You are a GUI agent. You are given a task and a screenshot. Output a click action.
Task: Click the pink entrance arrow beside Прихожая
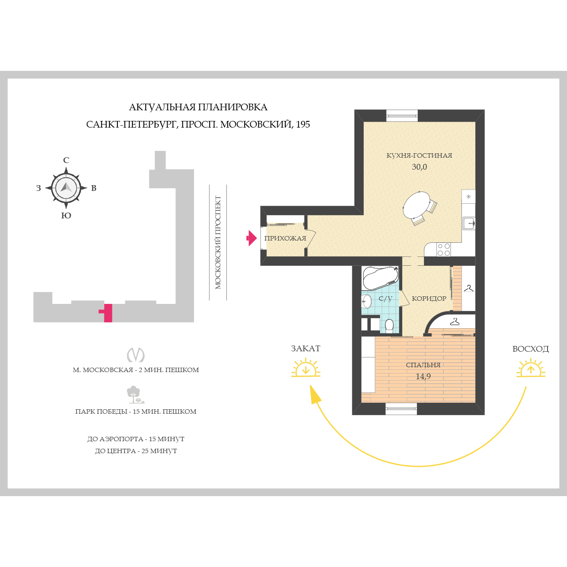[x=252, y=238]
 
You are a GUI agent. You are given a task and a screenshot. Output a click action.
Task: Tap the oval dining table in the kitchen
[x=416, y=205]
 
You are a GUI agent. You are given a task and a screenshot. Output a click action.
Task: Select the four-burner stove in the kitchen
[x=443, y=249]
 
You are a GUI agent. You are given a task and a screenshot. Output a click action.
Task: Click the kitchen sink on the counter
[x=469, y=223]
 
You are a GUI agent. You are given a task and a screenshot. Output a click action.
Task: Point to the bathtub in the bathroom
[x=381, y=278]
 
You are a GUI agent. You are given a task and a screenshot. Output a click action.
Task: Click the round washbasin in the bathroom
[x=367, y=301]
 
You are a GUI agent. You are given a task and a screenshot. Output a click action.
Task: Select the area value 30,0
[x=419, y=167]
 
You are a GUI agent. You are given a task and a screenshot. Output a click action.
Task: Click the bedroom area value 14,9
[x=423, y=377]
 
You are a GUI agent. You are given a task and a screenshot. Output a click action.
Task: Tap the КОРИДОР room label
[x=429, y=299]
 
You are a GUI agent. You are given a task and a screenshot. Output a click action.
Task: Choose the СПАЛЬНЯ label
[x=423, y=365]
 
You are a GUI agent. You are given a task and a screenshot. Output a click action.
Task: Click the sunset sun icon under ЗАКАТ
[x=306, y=368]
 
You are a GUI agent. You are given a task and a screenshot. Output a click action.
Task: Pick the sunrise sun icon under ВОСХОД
[x=531, y=368]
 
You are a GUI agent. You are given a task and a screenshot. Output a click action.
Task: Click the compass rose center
[x=66, y=188]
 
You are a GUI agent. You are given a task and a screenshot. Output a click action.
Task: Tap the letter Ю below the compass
[x=66, y=216]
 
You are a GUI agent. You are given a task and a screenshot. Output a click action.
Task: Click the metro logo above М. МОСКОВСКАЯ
[x=136, y=354]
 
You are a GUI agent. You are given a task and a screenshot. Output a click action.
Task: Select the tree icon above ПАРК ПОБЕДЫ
[x=135, y=395]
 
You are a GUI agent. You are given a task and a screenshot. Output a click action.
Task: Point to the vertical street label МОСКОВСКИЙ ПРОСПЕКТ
[x=218, y=242]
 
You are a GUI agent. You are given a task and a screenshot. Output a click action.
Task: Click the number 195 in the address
[x=303, y=124]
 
